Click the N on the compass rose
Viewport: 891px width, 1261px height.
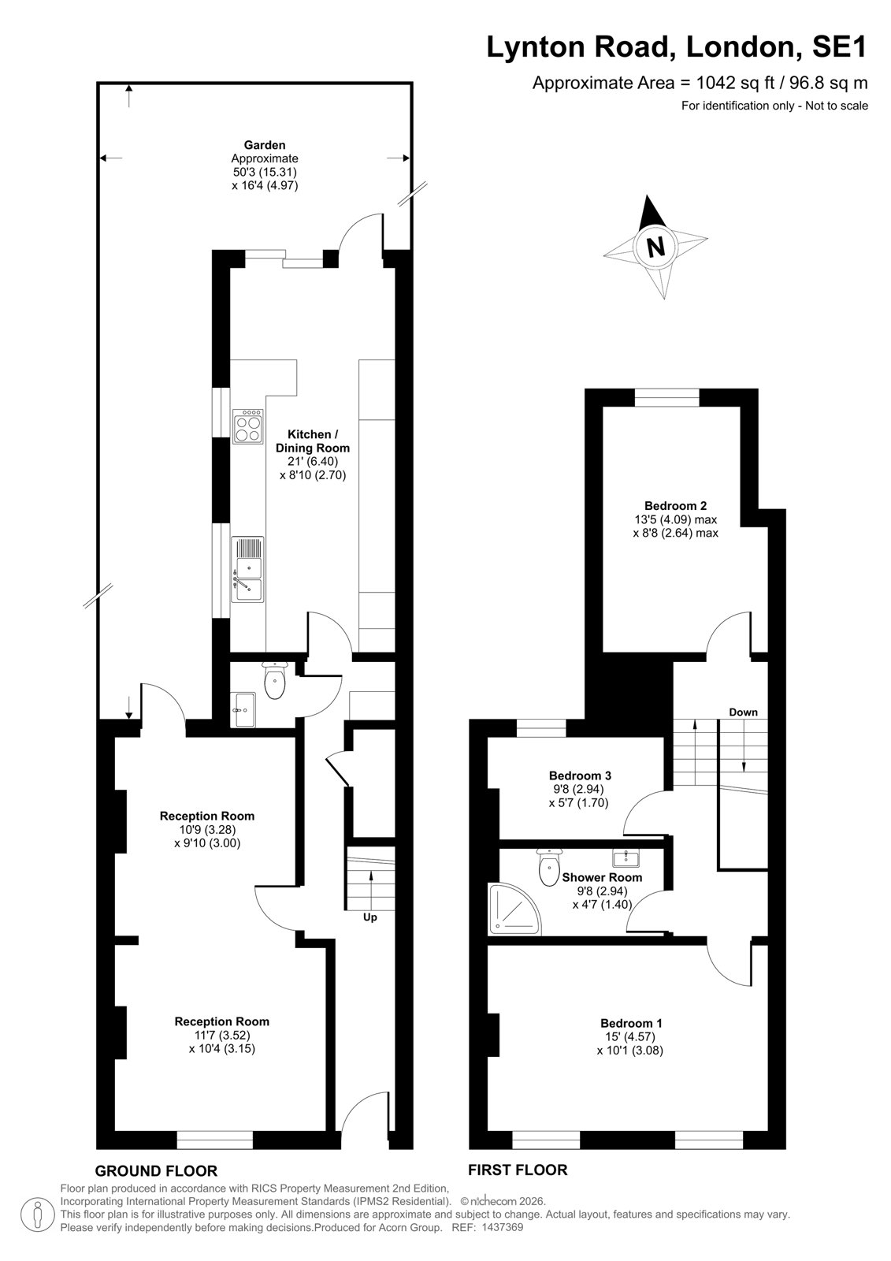655,247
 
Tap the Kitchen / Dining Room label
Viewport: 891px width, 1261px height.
313,441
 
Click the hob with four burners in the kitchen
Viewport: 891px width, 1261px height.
248,426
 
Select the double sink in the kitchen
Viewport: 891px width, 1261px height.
247,569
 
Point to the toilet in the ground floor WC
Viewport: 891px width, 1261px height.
275,680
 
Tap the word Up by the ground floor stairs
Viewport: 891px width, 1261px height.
369,917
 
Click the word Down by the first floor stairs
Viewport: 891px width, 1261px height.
743,712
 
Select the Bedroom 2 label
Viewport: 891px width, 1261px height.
675,505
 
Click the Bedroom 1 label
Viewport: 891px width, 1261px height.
631,1024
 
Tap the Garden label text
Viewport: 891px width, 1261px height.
265,145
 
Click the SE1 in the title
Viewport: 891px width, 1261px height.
839,46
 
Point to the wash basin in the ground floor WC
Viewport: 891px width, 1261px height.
243,709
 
